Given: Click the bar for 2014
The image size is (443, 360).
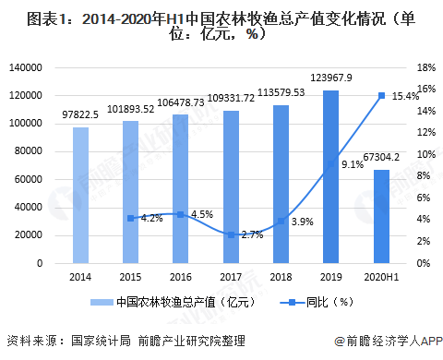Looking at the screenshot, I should click(x=81, y=195).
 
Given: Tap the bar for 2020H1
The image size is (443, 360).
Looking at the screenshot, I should click(x=381, y=216).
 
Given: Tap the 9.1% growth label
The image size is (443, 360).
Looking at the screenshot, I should click(x=352, y=164).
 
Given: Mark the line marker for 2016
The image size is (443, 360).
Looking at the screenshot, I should click(x=182, y=214).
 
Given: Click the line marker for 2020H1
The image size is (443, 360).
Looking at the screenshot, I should click(x=381, y=95).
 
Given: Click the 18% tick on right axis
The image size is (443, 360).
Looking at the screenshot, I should click(x=425, y=67).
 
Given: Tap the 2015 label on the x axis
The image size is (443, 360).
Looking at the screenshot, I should click(x=131, y=277).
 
